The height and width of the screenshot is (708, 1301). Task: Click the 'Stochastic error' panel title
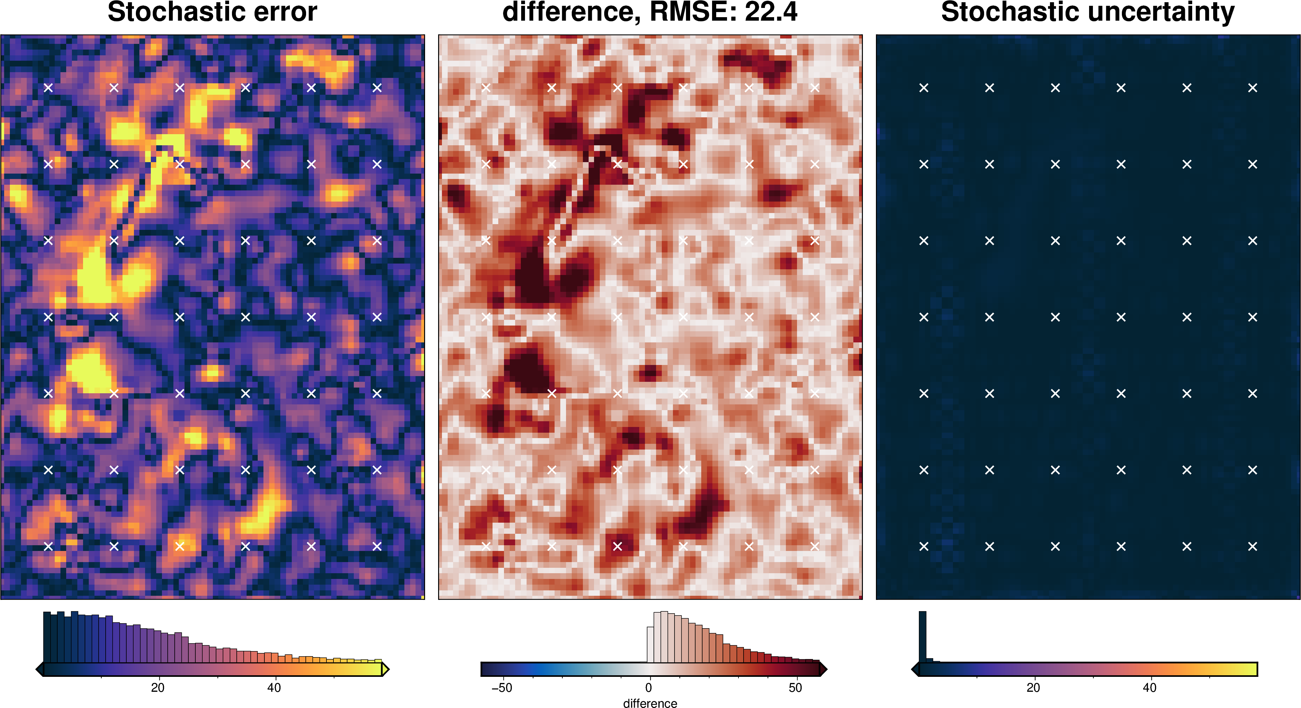pyautogui.click(x=212, y=12)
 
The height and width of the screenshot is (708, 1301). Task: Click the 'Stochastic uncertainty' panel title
pyautogui.click(x=1088, y=12)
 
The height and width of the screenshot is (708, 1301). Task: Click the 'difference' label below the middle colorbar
pyautogui.click(x=650, y=703)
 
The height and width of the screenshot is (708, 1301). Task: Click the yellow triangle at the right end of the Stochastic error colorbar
pyautogui.click(x=385, y=670)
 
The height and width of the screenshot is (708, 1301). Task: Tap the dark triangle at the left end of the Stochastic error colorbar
pyautogui.click(x=40, y=670)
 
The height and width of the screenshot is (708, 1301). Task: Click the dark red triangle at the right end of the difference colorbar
pyautogui.click(x=823, y=670)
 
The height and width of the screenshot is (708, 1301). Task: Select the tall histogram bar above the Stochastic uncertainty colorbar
pyautogui.click(x=922, y=636)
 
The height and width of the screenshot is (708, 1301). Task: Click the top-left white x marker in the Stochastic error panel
pyautogui.click(x=48, y=88)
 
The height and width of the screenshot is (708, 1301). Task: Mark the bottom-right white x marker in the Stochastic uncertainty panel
pyautogui.click(x=1253, y=546)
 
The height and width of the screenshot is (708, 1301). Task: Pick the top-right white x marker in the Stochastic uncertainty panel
pyautogui.click(x=1253, y=88)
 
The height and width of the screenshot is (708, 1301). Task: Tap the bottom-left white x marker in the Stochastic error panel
pyautogui.click(x=48, y=546)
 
